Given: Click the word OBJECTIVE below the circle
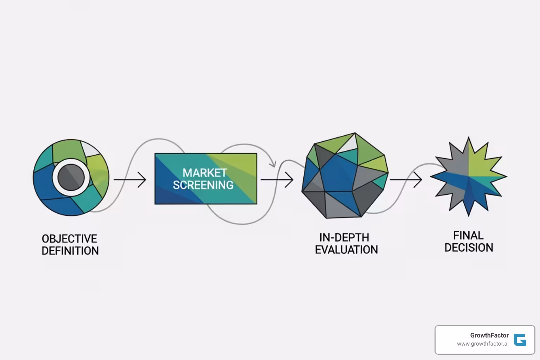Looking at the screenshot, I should tap(69, 239).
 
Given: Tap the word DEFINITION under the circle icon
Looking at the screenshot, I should tap(70, 251).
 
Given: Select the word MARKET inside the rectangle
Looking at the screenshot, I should tap(205, 173).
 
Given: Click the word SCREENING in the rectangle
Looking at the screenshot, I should tap(203, 185).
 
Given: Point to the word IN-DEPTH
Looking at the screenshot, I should tap(344, 237).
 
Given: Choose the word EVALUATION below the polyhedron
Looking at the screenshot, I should tap(346, 250).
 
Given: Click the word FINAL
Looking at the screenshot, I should tap(468, 235).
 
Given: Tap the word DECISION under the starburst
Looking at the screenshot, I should tap(469, 247).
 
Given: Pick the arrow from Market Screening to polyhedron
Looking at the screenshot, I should tap(277, 180).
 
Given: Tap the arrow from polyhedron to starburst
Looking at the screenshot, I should tap(406, 180).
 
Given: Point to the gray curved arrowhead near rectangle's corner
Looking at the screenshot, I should tap(272, 163).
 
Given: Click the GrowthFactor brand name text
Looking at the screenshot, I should tap(489, 335).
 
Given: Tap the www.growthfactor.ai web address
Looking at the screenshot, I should tap(482, 344).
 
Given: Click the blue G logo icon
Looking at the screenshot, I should tap(520, 340).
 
